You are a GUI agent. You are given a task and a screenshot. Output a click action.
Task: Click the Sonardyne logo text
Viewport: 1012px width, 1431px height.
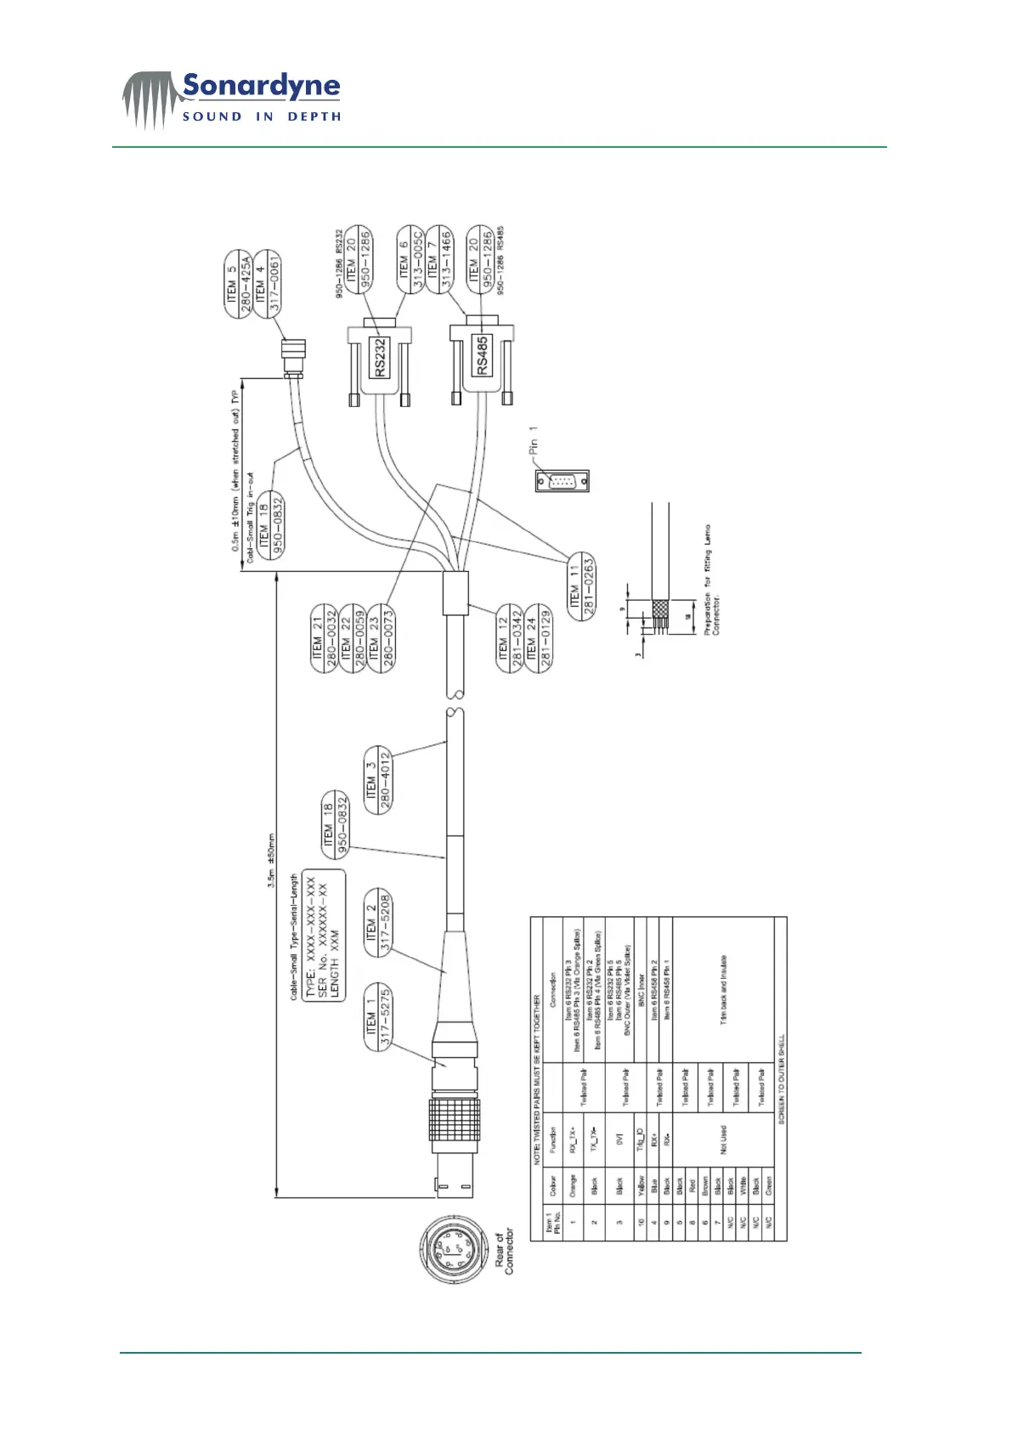(x=260, y=87)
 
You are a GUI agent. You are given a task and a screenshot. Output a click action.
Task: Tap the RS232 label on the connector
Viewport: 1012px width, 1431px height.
(x=380, y=358)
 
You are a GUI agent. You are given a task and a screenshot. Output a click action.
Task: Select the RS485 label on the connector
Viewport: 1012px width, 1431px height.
(x=482, y=356)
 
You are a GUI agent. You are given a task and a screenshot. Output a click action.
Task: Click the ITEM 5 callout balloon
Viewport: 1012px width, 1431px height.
(x=238, y=285)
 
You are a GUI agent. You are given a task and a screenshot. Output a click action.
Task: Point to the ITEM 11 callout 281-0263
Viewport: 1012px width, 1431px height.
(x=582, y=585)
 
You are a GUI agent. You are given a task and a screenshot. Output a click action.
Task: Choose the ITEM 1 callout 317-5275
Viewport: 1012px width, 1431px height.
(x=378, y=1016)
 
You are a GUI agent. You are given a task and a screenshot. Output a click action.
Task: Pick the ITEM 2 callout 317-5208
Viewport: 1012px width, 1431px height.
(x=378, y=921)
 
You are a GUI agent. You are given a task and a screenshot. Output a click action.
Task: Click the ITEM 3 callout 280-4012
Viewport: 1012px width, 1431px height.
(x=378, y=781)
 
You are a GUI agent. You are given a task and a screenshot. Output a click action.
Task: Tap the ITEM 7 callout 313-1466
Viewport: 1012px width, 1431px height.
(x=438, y=259)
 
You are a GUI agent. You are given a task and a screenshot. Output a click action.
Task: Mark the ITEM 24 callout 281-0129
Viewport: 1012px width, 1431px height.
(x=539, y=638)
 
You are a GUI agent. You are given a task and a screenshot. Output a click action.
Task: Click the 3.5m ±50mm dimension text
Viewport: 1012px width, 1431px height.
(x=271, y=860)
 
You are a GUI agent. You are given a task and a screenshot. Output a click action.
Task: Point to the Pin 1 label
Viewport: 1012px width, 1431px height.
(x=533, y=447)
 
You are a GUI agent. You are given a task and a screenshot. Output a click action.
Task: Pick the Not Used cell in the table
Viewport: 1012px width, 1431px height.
(x=724, y=1140)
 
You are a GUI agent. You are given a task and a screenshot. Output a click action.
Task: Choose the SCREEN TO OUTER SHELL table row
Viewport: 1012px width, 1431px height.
(x=781, y=1079)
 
